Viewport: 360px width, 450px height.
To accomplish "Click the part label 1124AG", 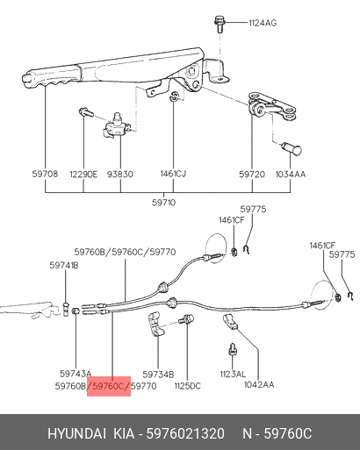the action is (x=263, y=23).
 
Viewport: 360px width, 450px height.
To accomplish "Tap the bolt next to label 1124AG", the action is (x=219, y=24).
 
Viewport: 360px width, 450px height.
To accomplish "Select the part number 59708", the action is (x=45, y=174).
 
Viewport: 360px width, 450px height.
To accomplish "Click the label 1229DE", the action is (x=83, y=175).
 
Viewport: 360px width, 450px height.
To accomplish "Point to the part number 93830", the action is (x=120, y=175).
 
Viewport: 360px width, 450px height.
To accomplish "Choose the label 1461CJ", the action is (x=173, y=174).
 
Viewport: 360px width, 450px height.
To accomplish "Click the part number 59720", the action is (x=252, y=175).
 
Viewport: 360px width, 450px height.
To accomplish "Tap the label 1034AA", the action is (x=291, y=175).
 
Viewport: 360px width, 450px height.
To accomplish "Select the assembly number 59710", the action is (x=163, y=203).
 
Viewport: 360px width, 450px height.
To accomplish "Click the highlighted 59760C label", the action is (x=109, y=386).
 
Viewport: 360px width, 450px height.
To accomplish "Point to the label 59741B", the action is (x=64, y=265).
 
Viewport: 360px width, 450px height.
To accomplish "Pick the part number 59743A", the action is (x=76, y=374).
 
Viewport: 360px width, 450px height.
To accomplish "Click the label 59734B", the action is (x=158, y=375).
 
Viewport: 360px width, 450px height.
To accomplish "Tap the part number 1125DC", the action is (x=187, y=386).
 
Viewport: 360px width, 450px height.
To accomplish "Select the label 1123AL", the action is (x=233, y=374).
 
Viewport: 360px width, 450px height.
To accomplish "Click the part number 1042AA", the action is (x=259, y=384).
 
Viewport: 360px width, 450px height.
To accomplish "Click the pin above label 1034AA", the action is (x=292, y=148).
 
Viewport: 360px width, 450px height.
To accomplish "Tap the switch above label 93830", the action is (x=117, y=125).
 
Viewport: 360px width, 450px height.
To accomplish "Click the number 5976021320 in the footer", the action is (x=185, y=433).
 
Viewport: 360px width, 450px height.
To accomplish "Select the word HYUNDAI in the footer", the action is (x=76, y=433).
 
